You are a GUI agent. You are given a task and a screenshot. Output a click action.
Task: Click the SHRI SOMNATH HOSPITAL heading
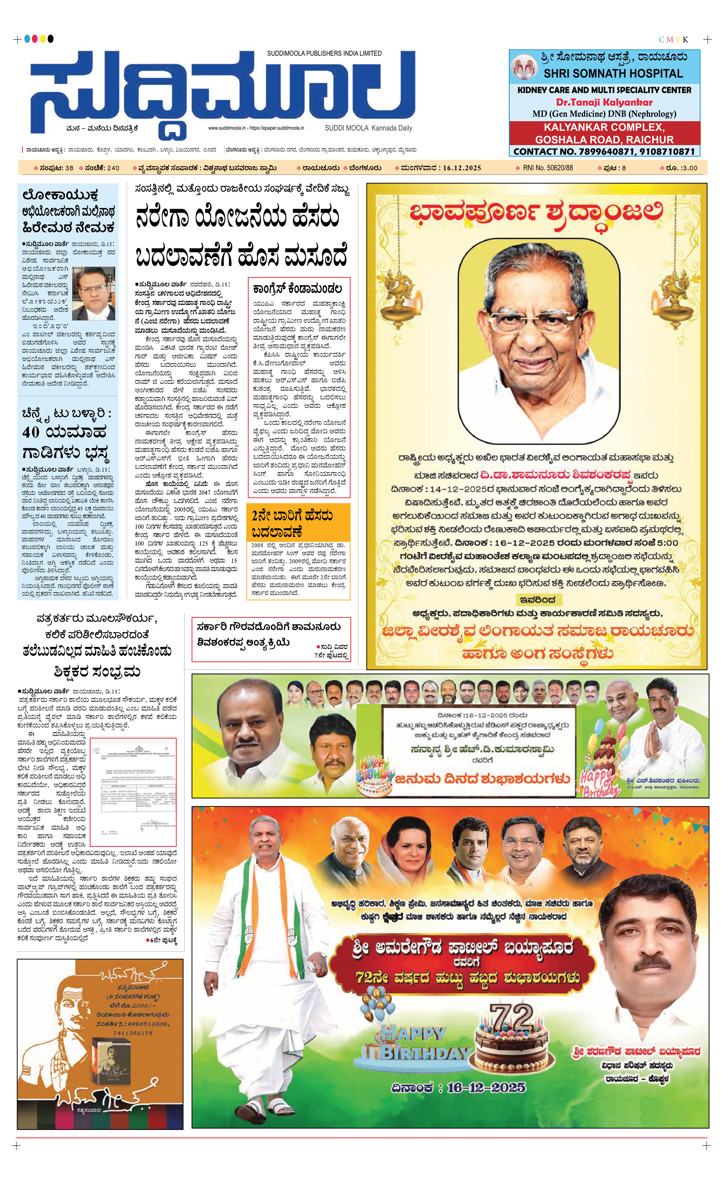(x=613, y=74)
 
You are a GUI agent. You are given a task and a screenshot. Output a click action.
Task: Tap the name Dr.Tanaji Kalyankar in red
(x=604, y=102)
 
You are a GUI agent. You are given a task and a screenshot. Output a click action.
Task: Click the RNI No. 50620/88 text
(x=548, y=168)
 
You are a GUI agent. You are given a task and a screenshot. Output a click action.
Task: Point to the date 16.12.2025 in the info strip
(x=462, y=168)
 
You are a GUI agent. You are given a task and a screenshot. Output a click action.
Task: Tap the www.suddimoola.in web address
(x=227, y=128)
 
